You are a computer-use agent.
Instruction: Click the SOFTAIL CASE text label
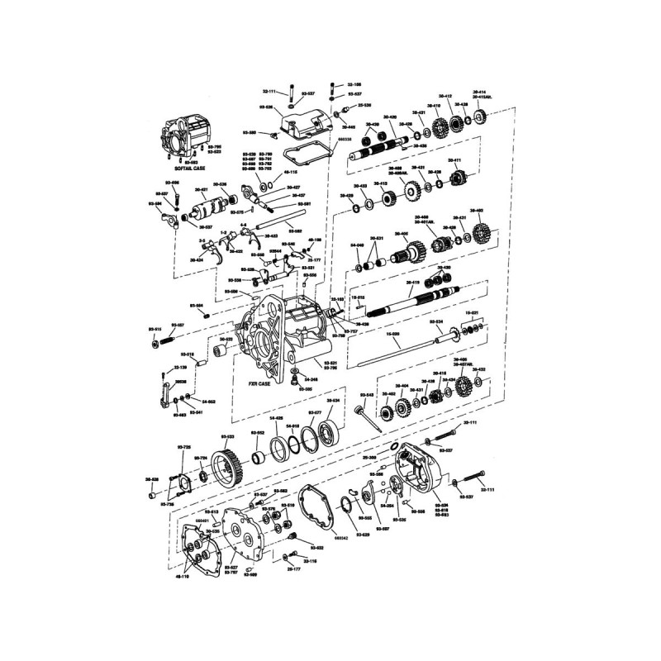tap(183, 168)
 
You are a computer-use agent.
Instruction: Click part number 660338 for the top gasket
tap(344, 140)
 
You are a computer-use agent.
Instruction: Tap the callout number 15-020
tap(393, 333)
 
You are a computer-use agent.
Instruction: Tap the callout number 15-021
tap(473, 312)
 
